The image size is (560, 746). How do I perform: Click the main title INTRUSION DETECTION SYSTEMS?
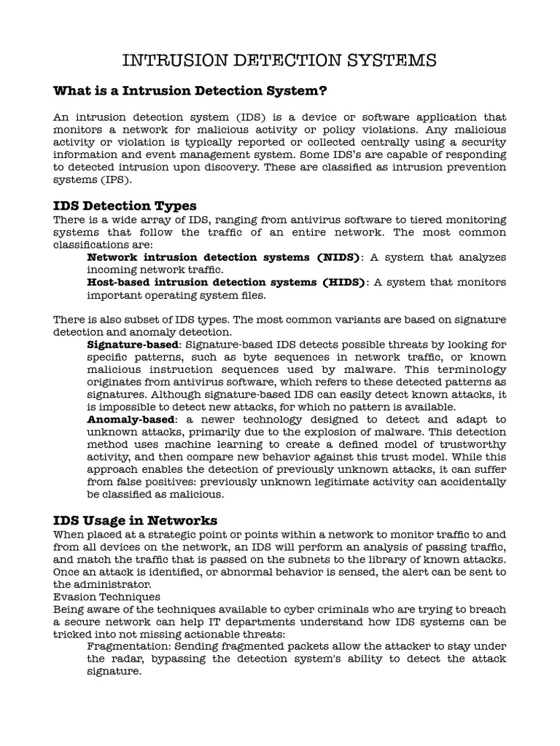tap(280, 59)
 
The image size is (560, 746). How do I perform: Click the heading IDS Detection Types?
tap(125, 205)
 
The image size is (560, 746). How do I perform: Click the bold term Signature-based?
tap(132, 345)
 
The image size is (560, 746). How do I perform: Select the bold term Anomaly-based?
tap(131, 420)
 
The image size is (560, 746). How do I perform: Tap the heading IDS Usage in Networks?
tap(135, 520)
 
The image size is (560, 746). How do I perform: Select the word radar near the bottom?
tap(129, 659)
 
